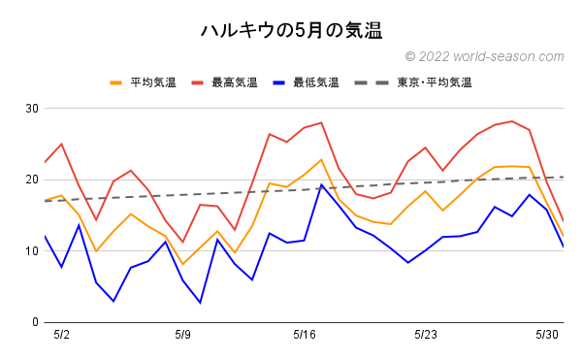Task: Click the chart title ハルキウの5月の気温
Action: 291,30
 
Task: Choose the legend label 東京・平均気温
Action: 434,82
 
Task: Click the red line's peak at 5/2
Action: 61,144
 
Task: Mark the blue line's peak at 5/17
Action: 321,184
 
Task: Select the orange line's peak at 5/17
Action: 321,159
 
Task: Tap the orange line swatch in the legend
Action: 117,82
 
